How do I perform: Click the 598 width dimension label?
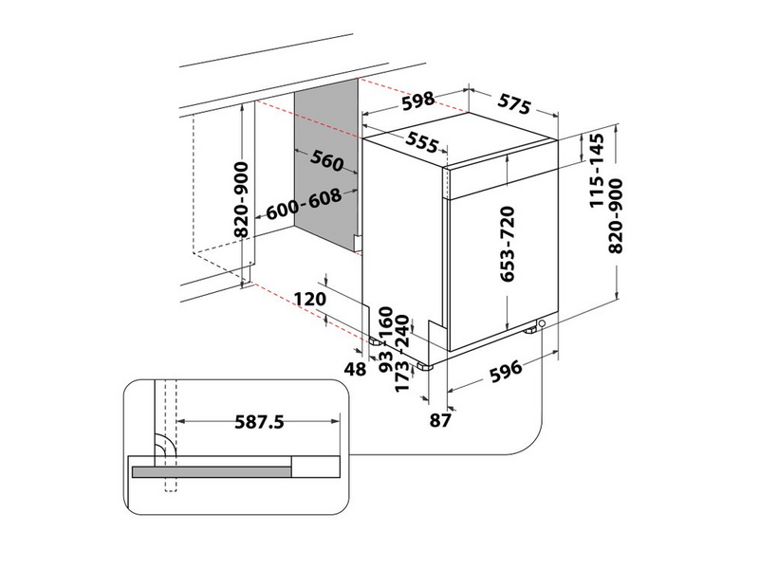(x=418, y=101)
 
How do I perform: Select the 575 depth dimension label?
(x=514, y=104)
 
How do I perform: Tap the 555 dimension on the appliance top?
(x=422, y=141)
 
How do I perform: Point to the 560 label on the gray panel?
(x=327, y=160)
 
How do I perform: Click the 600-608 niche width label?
(x=304, y=204)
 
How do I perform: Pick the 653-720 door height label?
(x=507, y=244)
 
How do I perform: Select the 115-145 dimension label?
(x=597, y=171)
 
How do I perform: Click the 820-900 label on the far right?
(x=615, y=216)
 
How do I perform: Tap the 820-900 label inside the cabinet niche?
(x=241, y=200)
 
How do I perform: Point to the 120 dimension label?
(x=310, y=299)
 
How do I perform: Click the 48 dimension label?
(x=355, y=369)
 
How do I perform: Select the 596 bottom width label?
(x=506, y=371)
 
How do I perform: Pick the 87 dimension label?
(x=440, y=420)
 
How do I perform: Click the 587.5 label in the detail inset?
(x=259, y=422)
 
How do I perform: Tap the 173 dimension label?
(x=402, y=376)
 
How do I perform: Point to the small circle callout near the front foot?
(x=542, y=323)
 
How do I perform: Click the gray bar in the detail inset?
(x=212, y=472)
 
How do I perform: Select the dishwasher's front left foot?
(x=424, y=367)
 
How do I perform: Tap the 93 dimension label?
(x=386, y=361)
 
